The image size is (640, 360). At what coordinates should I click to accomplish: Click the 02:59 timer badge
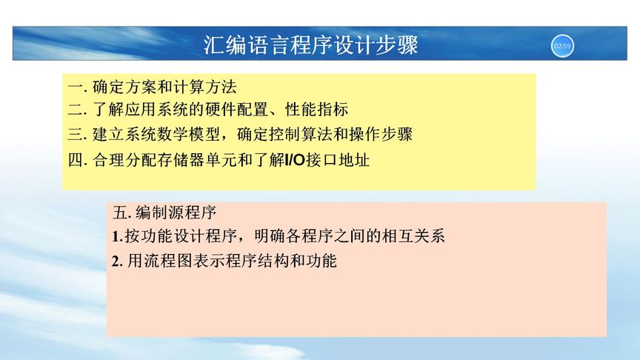[x=562, y=46]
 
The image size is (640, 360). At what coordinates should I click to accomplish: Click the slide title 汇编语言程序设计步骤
[x=311, y=46]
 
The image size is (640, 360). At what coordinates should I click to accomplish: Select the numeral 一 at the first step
[x=73, y=87]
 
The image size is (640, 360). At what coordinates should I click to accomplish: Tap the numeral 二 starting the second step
[x=73, y=110]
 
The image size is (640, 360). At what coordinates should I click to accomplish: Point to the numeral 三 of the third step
[x=73, y=135]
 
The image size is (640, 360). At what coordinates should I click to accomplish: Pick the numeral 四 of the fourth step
[x=73, y=159]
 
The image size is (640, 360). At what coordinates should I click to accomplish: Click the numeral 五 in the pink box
[x=120, y=213]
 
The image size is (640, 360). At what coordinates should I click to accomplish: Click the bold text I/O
[x=294, y=159]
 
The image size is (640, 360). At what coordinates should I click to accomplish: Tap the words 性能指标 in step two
[x=320, y=110]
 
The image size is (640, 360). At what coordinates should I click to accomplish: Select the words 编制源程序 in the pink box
[x=176, y=213]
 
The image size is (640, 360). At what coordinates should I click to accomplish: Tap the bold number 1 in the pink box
[x=116, y=238]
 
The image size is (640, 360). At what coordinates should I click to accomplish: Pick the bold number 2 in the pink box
[x=116, y=261]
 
